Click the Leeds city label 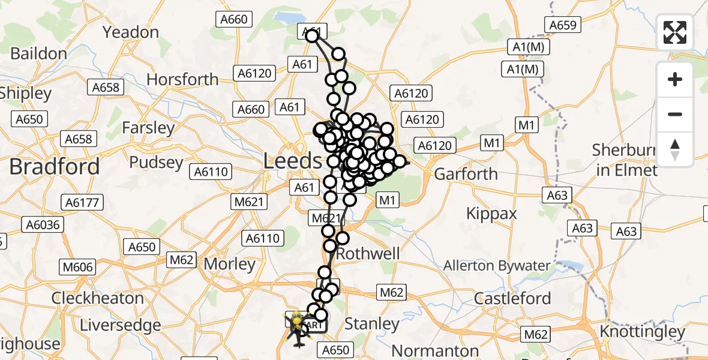[x=293, y=161]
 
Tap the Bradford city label [x=54, y=166]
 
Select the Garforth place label [x=466, y=174]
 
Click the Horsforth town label [x=182, y=79]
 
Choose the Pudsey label [x=156, y=163]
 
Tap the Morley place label [x=230, y=264]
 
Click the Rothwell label [x=368, y=254]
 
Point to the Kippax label [x=492, y=213]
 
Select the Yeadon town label [x=131, y=32]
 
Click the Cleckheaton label [x=97, y=298]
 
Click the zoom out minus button [x=675, y=114]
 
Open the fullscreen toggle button [x=675, y=32]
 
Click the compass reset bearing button [x=675, y=149]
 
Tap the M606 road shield [x=74, y=266]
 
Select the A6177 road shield [x=84, y=203]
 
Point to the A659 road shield [x=562, y=25]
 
